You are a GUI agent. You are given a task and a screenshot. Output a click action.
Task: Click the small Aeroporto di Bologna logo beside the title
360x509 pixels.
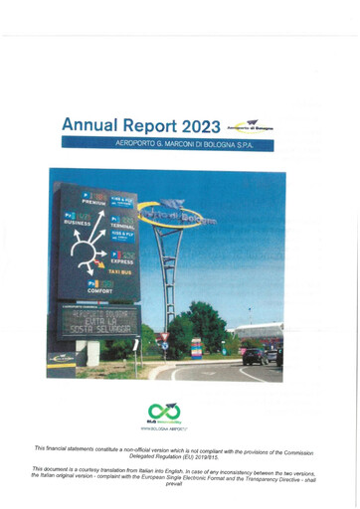249,125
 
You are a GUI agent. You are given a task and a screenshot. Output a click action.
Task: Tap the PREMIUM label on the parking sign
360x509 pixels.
94,202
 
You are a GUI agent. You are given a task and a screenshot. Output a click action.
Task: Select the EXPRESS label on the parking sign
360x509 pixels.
123,261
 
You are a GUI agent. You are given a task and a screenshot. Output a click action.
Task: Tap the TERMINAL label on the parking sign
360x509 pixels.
122,226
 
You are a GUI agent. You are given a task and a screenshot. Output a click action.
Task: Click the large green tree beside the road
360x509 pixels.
204,328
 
